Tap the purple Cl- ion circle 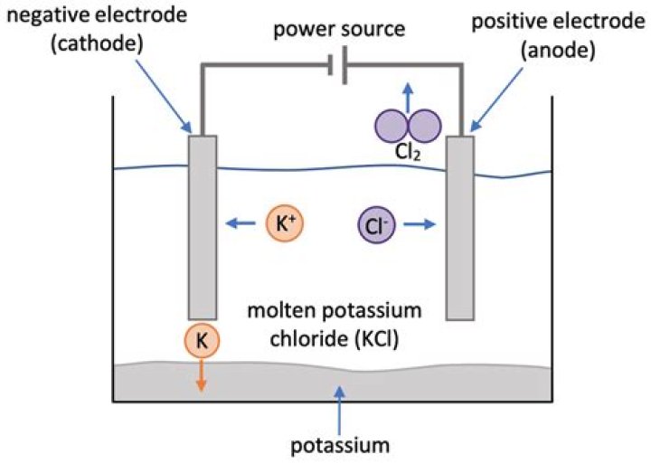coord(373,222)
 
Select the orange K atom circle coord(201,342)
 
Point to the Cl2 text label coord(408,155)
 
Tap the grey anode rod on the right coord(459,226)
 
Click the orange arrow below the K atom coord(201,373)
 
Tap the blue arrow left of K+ coord(240,222)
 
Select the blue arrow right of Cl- coord(417,222)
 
